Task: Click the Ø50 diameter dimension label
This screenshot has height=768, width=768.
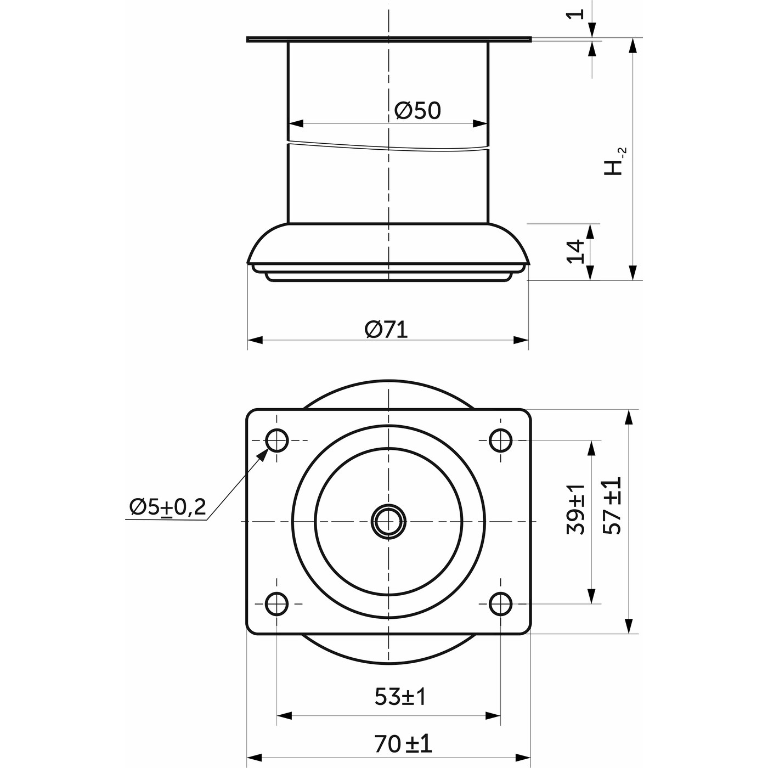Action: [417, 110]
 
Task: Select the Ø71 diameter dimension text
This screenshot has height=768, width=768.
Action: [386, 330]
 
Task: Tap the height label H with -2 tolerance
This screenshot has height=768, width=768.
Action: [615, 161]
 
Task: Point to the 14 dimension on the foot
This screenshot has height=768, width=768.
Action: [575, 251]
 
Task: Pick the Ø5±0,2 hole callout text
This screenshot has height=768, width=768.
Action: [168, 507]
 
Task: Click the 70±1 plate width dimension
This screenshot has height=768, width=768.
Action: [403, 744]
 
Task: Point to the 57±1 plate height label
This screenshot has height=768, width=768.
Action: [612, 505]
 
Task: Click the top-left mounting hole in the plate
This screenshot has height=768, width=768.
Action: [276, 441]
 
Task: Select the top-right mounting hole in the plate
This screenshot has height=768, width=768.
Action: [500, 441]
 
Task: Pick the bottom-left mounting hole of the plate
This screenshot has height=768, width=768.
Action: [276, 604]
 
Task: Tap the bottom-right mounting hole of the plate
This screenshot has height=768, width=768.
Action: [500, 604]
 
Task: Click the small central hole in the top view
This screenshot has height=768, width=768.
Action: [388, 521]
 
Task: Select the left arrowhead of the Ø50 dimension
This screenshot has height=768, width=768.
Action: [296, 123]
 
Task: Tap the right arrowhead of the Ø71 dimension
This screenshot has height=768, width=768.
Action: [521, 340]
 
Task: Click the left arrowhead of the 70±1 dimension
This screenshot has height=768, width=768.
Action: [255, 757]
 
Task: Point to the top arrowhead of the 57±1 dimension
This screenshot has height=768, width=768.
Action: [629, 417]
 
